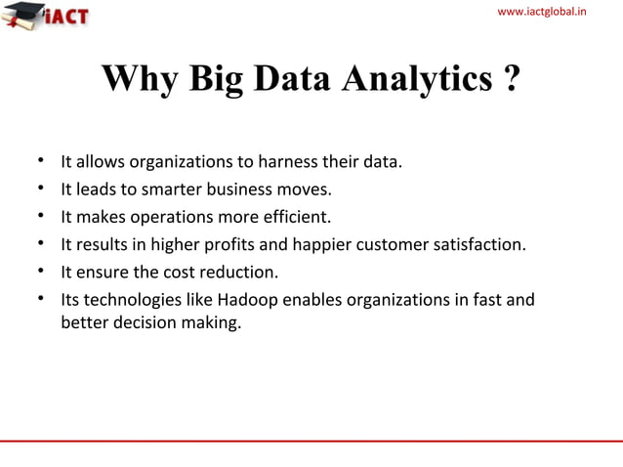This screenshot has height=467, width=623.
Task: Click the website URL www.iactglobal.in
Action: click(555, 11)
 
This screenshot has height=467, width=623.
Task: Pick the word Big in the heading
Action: click(217, 81)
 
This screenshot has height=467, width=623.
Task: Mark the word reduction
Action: click(240, 272)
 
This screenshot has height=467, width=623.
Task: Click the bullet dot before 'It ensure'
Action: click(42, 271)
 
